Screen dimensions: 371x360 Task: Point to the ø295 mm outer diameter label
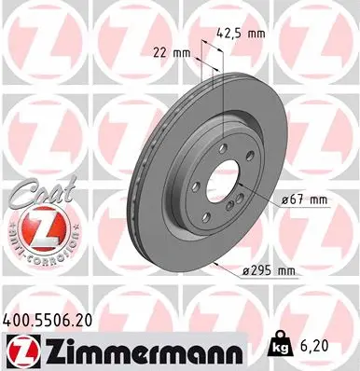(268, 270)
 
